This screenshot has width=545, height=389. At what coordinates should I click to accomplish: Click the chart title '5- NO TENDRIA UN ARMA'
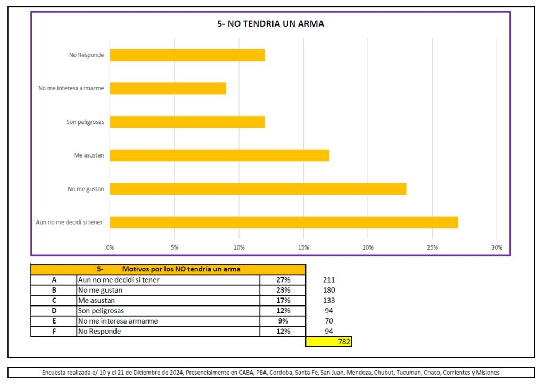click(x=270, y=24)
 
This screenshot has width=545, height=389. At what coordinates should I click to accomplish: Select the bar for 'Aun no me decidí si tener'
click(x=284, y=222)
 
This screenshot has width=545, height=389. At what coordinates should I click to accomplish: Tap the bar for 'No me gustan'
click(x=258, y=188)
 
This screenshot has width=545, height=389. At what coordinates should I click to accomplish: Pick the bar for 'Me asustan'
click(x=219, y=155)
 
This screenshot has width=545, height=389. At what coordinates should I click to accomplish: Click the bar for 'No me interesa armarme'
click(x=168, y=88)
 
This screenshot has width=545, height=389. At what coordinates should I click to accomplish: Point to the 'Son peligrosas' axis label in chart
click(x=85, y=122)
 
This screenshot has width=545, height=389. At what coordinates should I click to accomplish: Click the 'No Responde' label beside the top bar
click(x=86, y=55)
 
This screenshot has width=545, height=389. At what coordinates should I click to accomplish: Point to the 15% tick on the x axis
click(x=303, y=247)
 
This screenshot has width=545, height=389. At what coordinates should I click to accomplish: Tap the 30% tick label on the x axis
click(x=497, y=247)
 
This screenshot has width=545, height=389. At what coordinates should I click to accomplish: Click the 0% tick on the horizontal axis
click(x=110, y=247)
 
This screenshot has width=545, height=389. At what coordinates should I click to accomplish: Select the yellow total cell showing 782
click(x=329, y=342)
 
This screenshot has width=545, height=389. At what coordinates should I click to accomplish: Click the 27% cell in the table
click(x=283, y=280)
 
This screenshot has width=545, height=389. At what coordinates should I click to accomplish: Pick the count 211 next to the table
click(x=329, y=280)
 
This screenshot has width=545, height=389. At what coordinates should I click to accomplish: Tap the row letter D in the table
click(x=54, y=311)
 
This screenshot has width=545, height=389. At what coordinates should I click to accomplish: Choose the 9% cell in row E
click(x=283, y=321)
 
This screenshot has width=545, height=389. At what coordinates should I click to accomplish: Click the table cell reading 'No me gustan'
click(x=100, y=290)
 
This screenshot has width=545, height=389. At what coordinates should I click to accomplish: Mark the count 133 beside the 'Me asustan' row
click(x=329, y=301)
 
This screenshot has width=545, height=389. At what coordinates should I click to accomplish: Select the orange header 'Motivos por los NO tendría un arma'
click(x=181, y=269)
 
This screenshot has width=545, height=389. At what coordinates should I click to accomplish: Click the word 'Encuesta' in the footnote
click(x=55, y=373)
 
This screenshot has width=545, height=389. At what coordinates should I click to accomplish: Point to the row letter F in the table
click(x=54, y=332)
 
